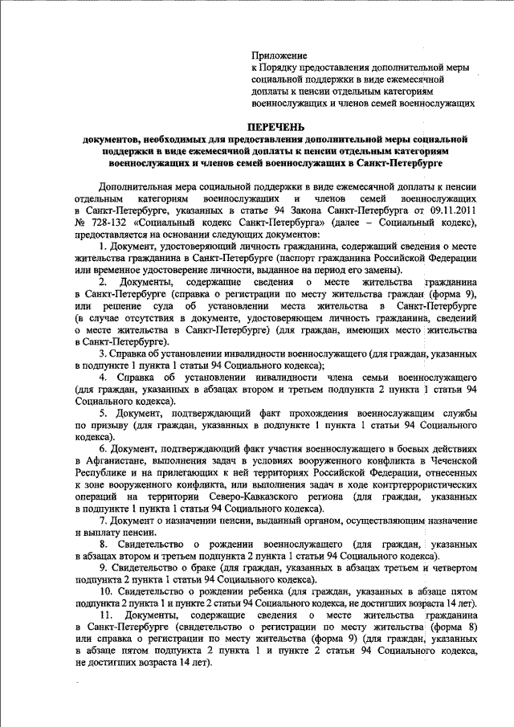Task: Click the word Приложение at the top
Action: pos(279,55)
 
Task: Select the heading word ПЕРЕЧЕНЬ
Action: pos(276,127)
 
